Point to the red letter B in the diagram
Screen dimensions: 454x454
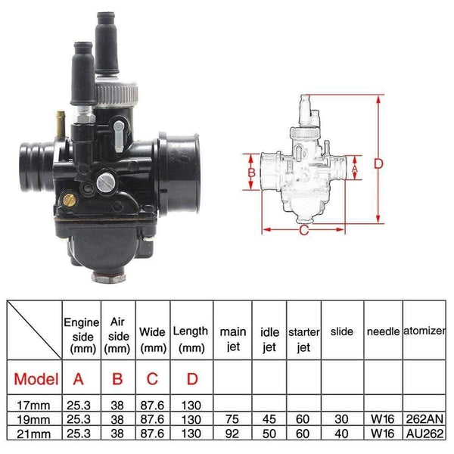point(253,174)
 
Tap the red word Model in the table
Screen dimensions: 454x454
point(35,378)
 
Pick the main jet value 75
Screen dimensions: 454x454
point(232,418)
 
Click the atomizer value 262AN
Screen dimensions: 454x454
point(425,418)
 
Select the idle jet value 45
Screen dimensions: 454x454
point(269,418)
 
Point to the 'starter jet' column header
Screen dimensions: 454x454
point(303,338)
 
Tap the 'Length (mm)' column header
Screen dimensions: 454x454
point(191,338)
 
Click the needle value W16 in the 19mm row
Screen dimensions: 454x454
point(383,418)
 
